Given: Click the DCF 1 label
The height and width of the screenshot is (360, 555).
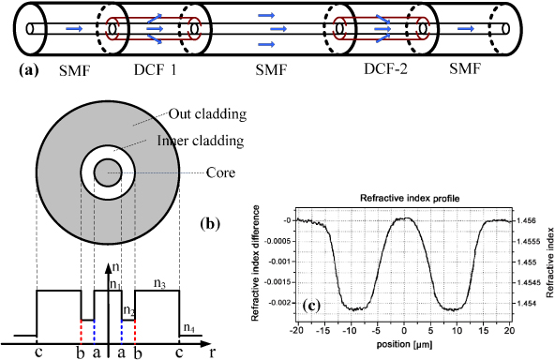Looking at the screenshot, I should [153, 70].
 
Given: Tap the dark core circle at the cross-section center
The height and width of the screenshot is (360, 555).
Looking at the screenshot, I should [106, 172].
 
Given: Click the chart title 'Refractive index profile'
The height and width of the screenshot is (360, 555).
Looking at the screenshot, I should [403, 199].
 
